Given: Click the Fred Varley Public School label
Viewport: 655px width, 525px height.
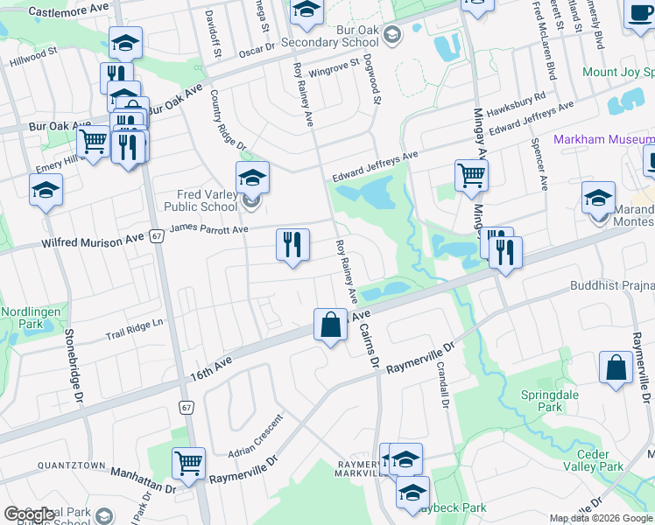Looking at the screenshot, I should pyautogui.click(x=201, y=200).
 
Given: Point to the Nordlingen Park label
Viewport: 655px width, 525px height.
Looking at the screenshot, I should pyautogui.click(x=23, y=318).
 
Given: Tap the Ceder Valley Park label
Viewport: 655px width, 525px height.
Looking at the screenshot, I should pyautogui.click(x=600, y=460).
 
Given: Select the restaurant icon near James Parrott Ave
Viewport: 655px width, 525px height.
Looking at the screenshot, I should pyautogui.click(x=292, y=246).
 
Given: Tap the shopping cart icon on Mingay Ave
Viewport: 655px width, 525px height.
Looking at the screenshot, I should pyautogui.click(x=471, y=176).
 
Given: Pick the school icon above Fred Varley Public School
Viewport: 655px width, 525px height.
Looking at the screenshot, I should pyautogui.click(x=252, y=178).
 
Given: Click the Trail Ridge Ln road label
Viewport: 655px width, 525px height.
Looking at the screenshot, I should pyautogui.click(x=135, y=329).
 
